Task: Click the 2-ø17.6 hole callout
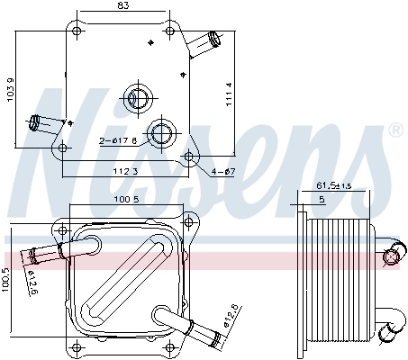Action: tap(119, 139)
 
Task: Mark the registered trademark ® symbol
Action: tap(394, 131)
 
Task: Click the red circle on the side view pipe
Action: tap(390, 259)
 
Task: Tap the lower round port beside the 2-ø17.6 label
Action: tap(162, 134)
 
